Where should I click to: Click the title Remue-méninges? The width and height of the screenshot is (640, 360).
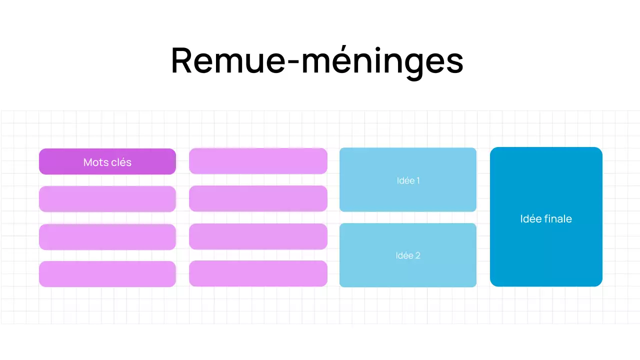317,61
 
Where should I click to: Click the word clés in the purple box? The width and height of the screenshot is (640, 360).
120,162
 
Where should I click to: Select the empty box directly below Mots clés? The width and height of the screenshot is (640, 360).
107,199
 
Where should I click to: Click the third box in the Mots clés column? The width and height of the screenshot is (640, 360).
107,236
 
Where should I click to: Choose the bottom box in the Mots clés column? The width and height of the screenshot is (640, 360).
107,274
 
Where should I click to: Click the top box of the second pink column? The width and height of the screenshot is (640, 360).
258,161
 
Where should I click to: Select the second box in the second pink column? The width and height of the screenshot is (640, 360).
258,198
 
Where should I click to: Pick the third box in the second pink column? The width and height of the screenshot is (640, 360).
258,236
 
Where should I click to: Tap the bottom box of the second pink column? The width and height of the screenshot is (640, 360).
258,273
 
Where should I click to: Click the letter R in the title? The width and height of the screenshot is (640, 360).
182,61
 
